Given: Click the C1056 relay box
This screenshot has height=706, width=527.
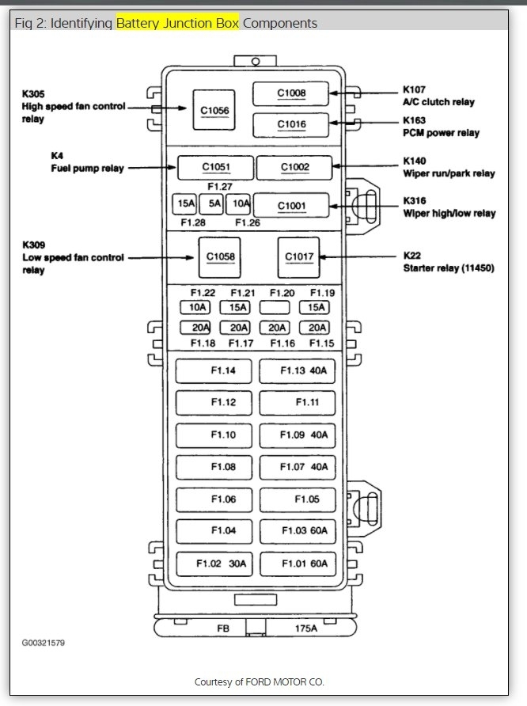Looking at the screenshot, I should (x=214, y=110).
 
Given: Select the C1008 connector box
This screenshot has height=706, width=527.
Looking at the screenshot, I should (x=290, y=93).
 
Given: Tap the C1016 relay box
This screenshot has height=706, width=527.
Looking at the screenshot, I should (x=290, y=124).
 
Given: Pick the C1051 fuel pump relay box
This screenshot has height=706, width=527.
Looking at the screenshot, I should (x=215, y=167).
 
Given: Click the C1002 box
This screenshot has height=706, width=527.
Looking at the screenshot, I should (x=294, y=167).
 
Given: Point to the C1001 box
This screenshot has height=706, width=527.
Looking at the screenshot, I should (x=290, y=205).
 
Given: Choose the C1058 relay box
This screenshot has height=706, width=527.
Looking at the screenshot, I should (x=220, y=256).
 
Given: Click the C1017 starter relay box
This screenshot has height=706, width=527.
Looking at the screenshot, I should (x=299, y=256).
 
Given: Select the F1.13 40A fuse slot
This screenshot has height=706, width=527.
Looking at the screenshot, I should (x=298, y=370).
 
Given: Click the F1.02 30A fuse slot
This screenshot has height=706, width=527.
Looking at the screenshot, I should (x=215, y=564).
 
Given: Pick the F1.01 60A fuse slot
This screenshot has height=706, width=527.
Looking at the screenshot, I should (x=298, y=564).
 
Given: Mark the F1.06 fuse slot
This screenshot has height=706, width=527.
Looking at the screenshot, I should (x=215, y=499).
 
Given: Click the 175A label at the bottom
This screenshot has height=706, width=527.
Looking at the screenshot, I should (x=305, y=628).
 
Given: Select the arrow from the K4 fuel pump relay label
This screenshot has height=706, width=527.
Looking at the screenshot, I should (x=151, y=168).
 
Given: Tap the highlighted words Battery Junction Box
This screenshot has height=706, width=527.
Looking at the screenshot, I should (x=177, y=23).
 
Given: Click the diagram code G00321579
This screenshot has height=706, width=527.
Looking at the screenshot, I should (x=44, y=643).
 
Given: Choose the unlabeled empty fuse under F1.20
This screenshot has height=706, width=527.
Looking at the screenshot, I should (x=275, y=307).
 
